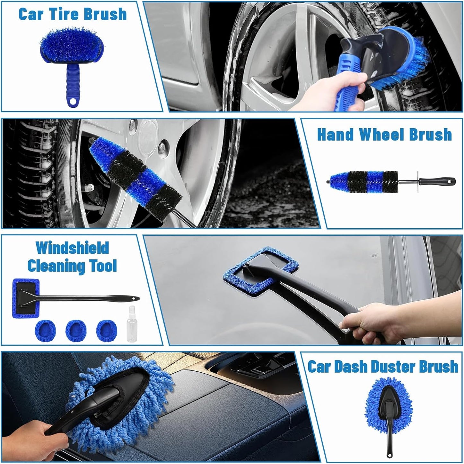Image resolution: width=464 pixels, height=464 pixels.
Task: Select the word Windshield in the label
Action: click(x=72, y=248)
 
